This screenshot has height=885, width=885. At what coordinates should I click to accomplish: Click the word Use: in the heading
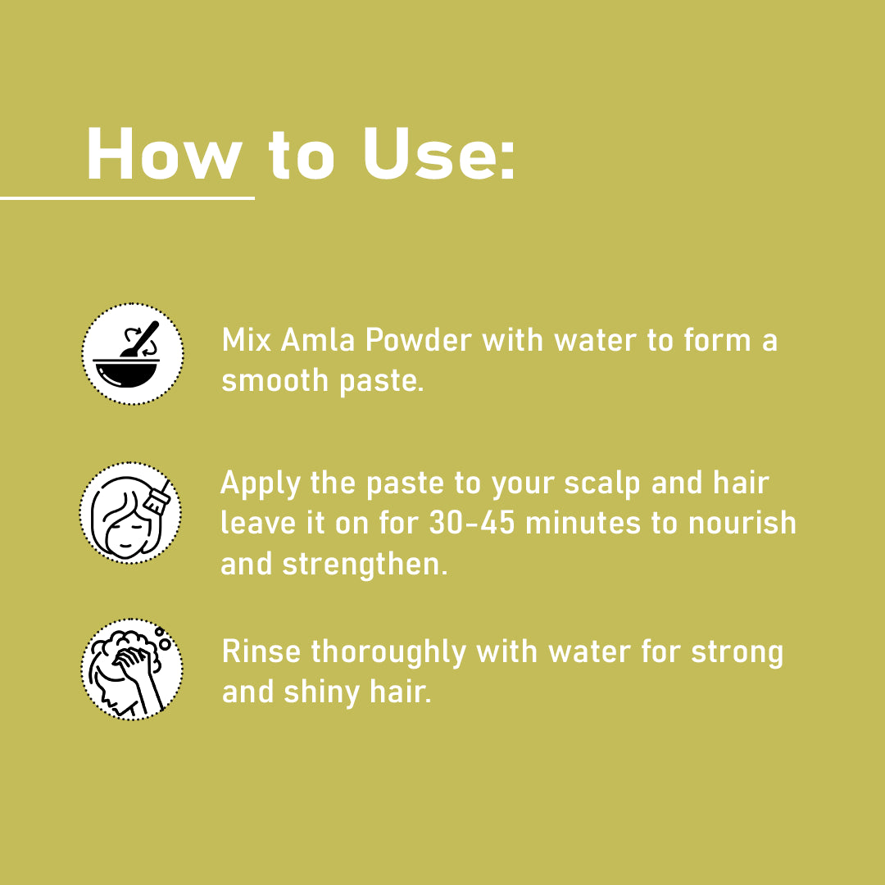coord(439,153)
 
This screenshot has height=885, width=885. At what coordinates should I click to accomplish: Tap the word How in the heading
coord(164,153)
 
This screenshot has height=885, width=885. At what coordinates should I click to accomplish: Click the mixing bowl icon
coord(132,354)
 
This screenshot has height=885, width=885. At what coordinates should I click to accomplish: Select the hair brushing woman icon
coord(130,512)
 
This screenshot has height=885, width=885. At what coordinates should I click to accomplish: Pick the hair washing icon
coord(131,669)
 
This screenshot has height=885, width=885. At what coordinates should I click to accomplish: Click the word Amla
coord(318,340)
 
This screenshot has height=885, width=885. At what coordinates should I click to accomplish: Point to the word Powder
coord(418,340)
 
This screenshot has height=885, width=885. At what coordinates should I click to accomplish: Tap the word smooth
coord(275,380)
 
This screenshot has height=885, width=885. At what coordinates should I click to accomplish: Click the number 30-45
coord(472,523)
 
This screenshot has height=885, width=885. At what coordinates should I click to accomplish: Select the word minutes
coord(583,523)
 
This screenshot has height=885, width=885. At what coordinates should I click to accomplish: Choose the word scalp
coord(602,484)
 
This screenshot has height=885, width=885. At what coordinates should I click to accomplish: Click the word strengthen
coord(365,565)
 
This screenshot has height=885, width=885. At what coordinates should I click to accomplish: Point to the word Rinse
coord(261,652)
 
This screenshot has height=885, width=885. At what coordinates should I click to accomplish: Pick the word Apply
coord(261,484)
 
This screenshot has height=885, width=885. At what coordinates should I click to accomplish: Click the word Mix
coord(247,340)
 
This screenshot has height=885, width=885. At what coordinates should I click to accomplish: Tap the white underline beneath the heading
coord(127,198)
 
